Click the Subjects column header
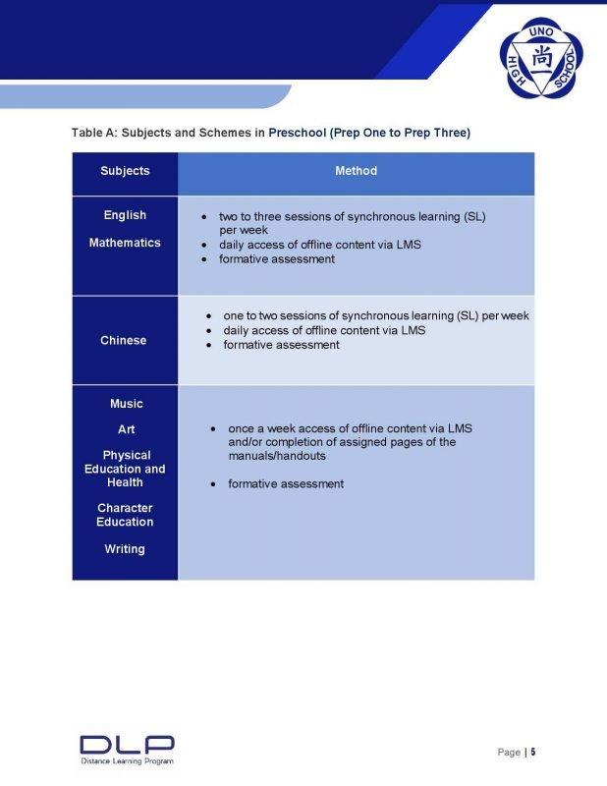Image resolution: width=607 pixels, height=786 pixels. (125, 171)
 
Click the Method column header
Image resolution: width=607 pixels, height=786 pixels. (356, 171)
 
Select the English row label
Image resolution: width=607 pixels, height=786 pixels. (125, 215)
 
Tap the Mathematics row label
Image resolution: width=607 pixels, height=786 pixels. (125, 243)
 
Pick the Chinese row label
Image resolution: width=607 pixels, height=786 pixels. (124, 340)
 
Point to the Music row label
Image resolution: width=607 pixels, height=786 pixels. (126, 404)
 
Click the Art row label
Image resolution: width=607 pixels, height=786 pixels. (126, 429)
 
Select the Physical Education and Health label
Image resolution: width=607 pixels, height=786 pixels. (125, 469)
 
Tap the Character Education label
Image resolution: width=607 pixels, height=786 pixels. (125, 515)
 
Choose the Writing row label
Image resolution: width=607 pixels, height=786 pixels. (125, 549)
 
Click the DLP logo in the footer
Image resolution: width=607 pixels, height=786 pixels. (127, 744)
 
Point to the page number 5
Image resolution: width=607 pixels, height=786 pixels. (533, 752)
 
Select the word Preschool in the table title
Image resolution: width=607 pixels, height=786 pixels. (298, 133)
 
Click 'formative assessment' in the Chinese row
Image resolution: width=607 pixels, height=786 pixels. (281, 345)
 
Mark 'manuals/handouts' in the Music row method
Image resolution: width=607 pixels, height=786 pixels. (276, 456)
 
